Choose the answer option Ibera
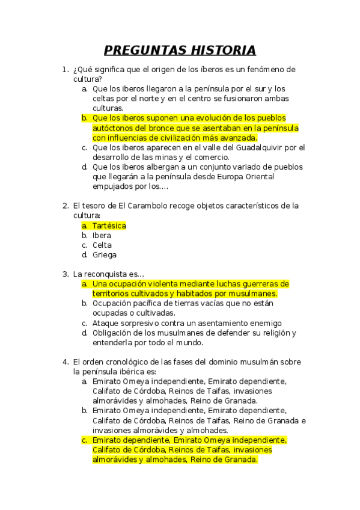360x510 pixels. click(102, 235)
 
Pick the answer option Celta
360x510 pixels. click(102, 245)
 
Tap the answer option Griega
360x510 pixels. click(105, 254)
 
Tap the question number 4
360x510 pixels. click(65, 362)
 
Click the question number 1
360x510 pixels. click(65, 69)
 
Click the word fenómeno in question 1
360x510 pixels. click(260, 69)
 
